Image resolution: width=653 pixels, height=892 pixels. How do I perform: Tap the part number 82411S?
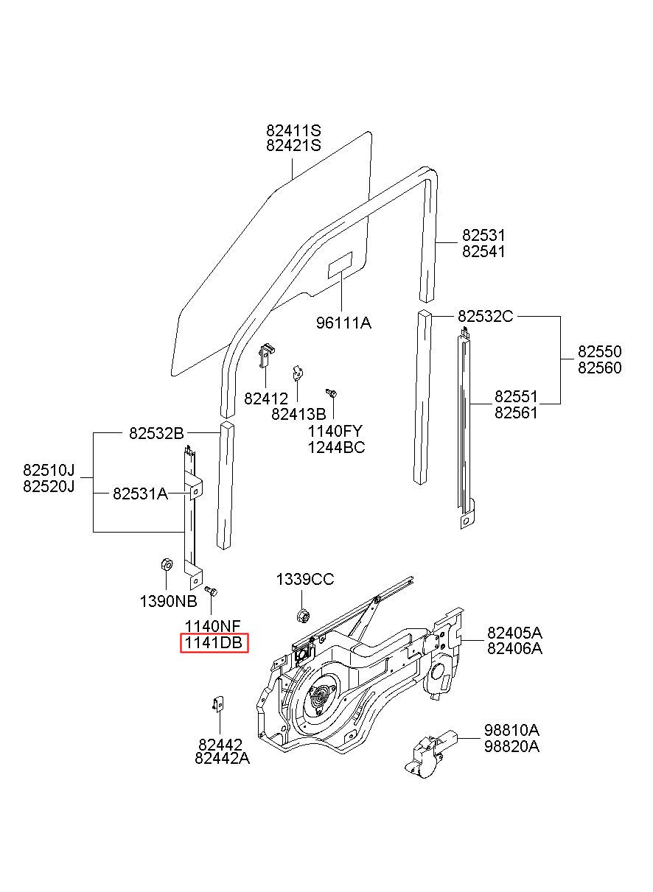pos(293,130)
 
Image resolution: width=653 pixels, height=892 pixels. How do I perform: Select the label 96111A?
pos(343,323)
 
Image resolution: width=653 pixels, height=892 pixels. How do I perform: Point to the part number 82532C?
pos(485,316)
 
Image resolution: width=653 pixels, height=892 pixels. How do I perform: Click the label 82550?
pos(599,351)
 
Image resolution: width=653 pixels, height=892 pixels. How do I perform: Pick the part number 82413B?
pos(298,414)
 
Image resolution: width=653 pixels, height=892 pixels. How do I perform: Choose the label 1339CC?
pos(305,580)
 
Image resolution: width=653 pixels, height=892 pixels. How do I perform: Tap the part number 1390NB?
pos(168,601)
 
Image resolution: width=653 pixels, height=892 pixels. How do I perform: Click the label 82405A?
pos(514,633)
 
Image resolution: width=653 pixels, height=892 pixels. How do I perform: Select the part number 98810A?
pos(511,730)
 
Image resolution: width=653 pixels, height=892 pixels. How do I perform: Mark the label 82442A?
pos(222,759)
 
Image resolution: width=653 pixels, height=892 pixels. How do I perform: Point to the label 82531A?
pos(140,494)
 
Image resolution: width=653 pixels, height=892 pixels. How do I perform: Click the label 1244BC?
pos(336,447)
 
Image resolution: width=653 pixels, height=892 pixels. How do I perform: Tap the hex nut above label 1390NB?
pos(166,564)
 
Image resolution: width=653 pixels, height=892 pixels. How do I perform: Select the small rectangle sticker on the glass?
pos(340,265)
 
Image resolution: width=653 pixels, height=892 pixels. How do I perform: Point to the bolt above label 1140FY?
pos(332,393)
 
